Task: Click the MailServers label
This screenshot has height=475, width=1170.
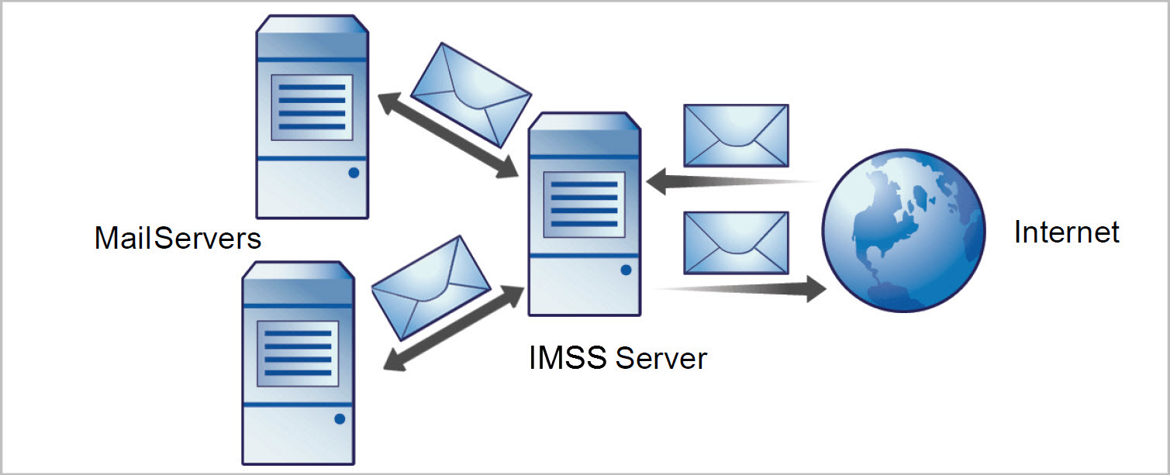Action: pyautogui.click(x=178, y=238)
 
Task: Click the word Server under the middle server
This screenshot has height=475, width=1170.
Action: pyautogui.click(x=661, y=358)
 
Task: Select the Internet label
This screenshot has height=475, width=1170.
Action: pyautogui.click(x=1066, y=232)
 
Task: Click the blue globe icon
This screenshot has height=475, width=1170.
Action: pyautogui.click(x=903, y=230)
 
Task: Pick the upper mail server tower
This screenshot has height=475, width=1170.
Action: pyautogui.click(x=312, y=116)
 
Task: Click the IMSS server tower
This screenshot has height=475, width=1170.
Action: pyautogui.click(x=585, y=213)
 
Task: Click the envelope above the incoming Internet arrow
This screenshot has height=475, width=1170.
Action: pyautogui.click(x=735, y=136)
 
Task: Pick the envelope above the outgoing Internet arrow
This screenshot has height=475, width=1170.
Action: pyautogui.click(x=735, y=243)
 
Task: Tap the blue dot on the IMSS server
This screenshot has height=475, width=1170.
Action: pyautogui.click(x=626, y=270)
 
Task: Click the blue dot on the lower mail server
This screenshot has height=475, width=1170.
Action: pyautogui.click(x=340, y=419)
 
